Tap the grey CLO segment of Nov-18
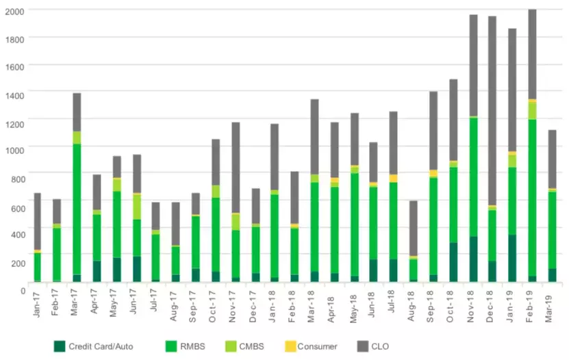(473, 65)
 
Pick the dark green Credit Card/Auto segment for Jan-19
(512, 258)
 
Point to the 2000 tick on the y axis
(14, 11)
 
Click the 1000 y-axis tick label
(14, 150)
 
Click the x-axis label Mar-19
(551, 305)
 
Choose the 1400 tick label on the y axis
(14, 94)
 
